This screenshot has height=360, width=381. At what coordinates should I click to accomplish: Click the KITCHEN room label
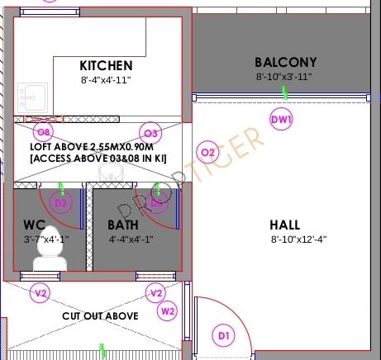(x=106, y=65)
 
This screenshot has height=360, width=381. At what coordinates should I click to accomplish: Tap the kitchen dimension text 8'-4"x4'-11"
(x=106, y=80)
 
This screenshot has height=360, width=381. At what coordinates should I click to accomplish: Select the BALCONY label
(x=285, y=62)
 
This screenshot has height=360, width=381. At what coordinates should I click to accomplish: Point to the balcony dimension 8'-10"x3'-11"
(x=283, y=76)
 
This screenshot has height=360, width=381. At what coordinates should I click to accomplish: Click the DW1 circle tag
(x=282, y=120)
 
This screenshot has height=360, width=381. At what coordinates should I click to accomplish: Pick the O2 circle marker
(x=207, y=152)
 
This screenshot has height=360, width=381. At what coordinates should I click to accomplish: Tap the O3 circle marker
(x=150, y=133)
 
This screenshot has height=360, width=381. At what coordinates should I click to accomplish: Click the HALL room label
(x=285, y=225)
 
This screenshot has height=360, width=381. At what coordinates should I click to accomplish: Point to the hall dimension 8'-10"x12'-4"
(x=299, y=239)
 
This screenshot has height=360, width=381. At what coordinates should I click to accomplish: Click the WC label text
(x=34, y=225)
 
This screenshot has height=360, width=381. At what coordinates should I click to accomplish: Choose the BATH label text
(x=123, y=225)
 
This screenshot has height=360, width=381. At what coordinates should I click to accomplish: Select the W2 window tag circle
(x=169, y=311)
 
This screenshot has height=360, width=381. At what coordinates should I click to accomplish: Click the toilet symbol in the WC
(x=49, y=249)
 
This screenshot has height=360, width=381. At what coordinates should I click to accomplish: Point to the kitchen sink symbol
(x=30, y=96)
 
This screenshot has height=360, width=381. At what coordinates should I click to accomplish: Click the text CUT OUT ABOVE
(x=101, y=316)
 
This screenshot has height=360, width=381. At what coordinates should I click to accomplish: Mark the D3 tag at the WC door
(x=60, y=202)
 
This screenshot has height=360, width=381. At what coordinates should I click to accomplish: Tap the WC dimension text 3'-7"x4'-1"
(x=47, y=239)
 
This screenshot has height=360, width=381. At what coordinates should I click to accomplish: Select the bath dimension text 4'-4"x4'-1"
(x=132, y=239)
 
